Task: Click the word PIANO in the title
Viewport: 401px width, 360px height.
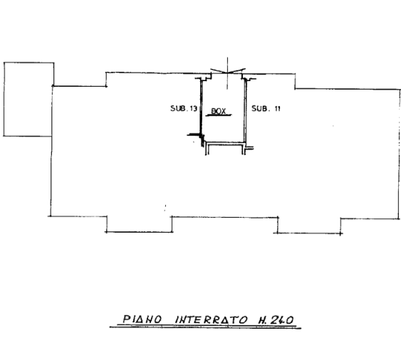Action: pos(142,319)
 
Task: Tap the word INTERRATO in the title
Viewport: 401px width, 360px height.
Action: pos(212,319)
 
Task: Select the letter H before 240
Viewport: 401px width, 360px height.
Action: pos(262,320)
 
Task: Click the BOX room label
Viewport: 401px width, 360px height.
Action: pos(219,111)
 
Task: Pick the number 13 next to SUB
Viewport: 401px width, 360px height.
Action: pos(193,109)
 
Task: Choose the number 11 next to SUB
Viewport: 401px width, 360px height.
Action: pos(278,109)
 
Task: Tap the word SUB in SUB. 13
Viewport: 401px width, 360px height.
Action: pos(178,108)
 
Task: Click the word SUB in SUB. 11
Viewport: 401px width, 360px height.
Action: pos(260,109)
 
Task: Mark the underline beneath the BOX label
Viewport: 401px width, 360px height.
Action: pos(219,115)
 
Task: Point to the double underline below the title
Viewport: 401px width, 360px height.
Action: pos(205,327)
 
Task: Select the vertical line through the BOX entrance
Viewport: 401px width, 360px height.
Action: pos(227,73)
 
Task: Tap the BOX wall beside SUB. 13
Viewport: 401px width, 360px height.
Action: pos(201,107)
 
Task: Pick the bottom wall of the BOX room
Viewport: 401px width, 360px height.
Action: pos(224,144)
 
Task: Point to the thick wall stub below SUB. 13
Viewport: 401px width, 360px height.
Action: pos(194,134)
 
